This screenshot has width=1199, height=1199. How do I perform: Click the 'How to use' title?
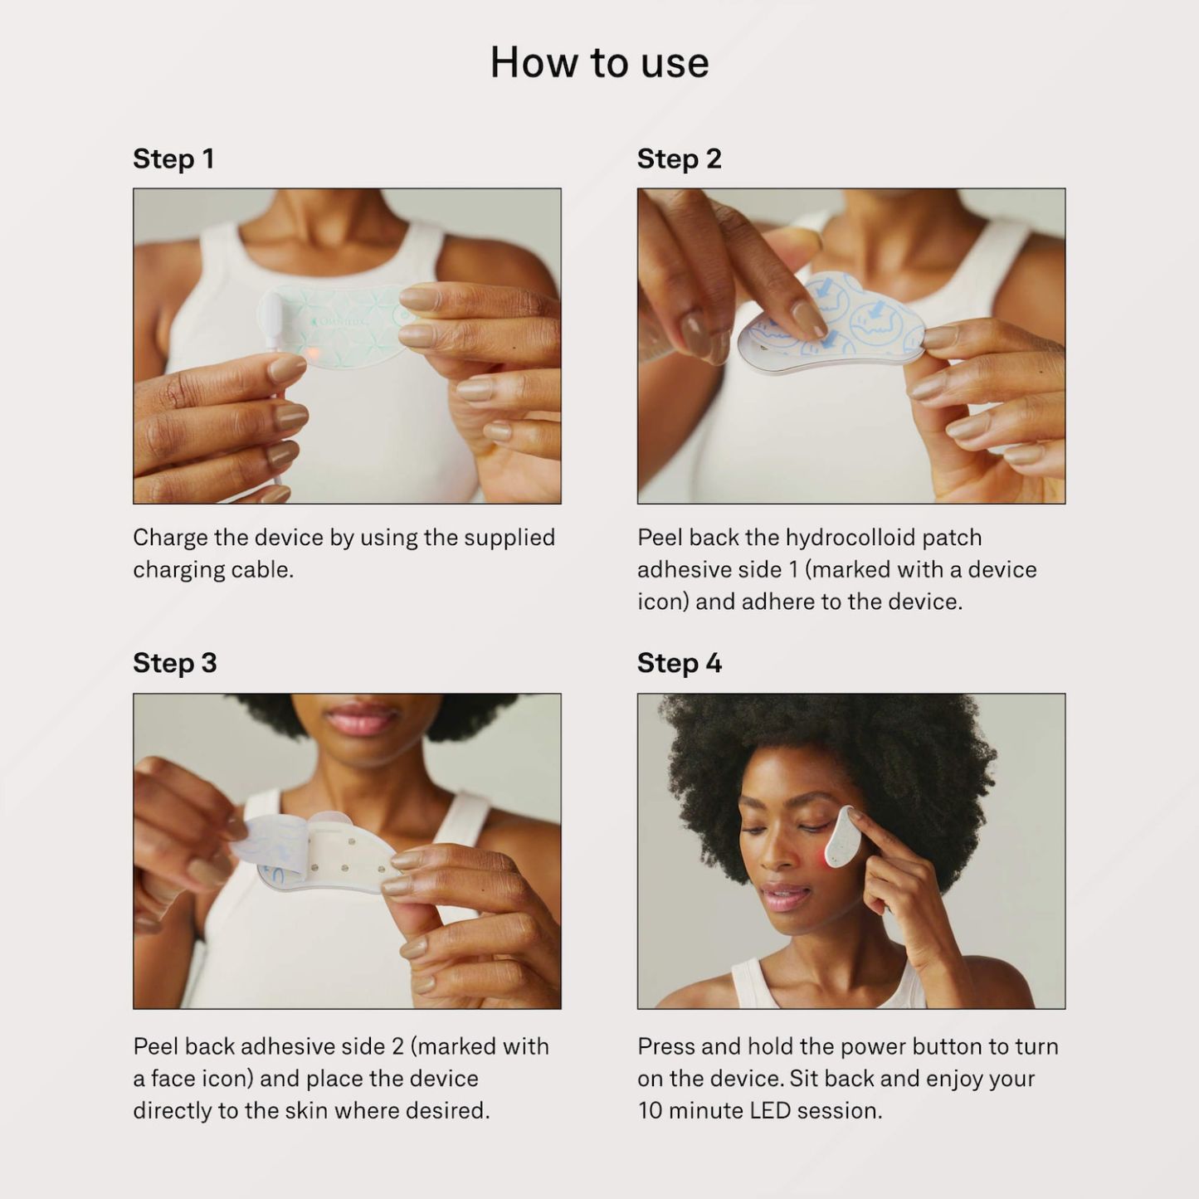tap(599, 63)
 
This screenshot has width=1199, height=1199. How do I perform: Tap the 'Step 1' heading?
tap(173, 158)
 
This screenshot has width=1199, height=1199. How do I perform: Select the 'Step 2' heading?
tap(679, 158)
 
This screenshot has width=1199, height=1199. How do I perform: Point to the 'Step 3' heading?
tap(175, 663)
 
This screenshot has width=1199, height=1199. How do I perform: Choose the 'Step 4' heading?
tap(680, 663)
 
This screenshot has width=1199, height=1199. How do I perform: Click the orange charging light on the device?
tap(313, 353)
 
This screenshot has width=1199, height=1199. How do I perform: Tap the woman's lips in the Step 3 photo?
tap(362, 719)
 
